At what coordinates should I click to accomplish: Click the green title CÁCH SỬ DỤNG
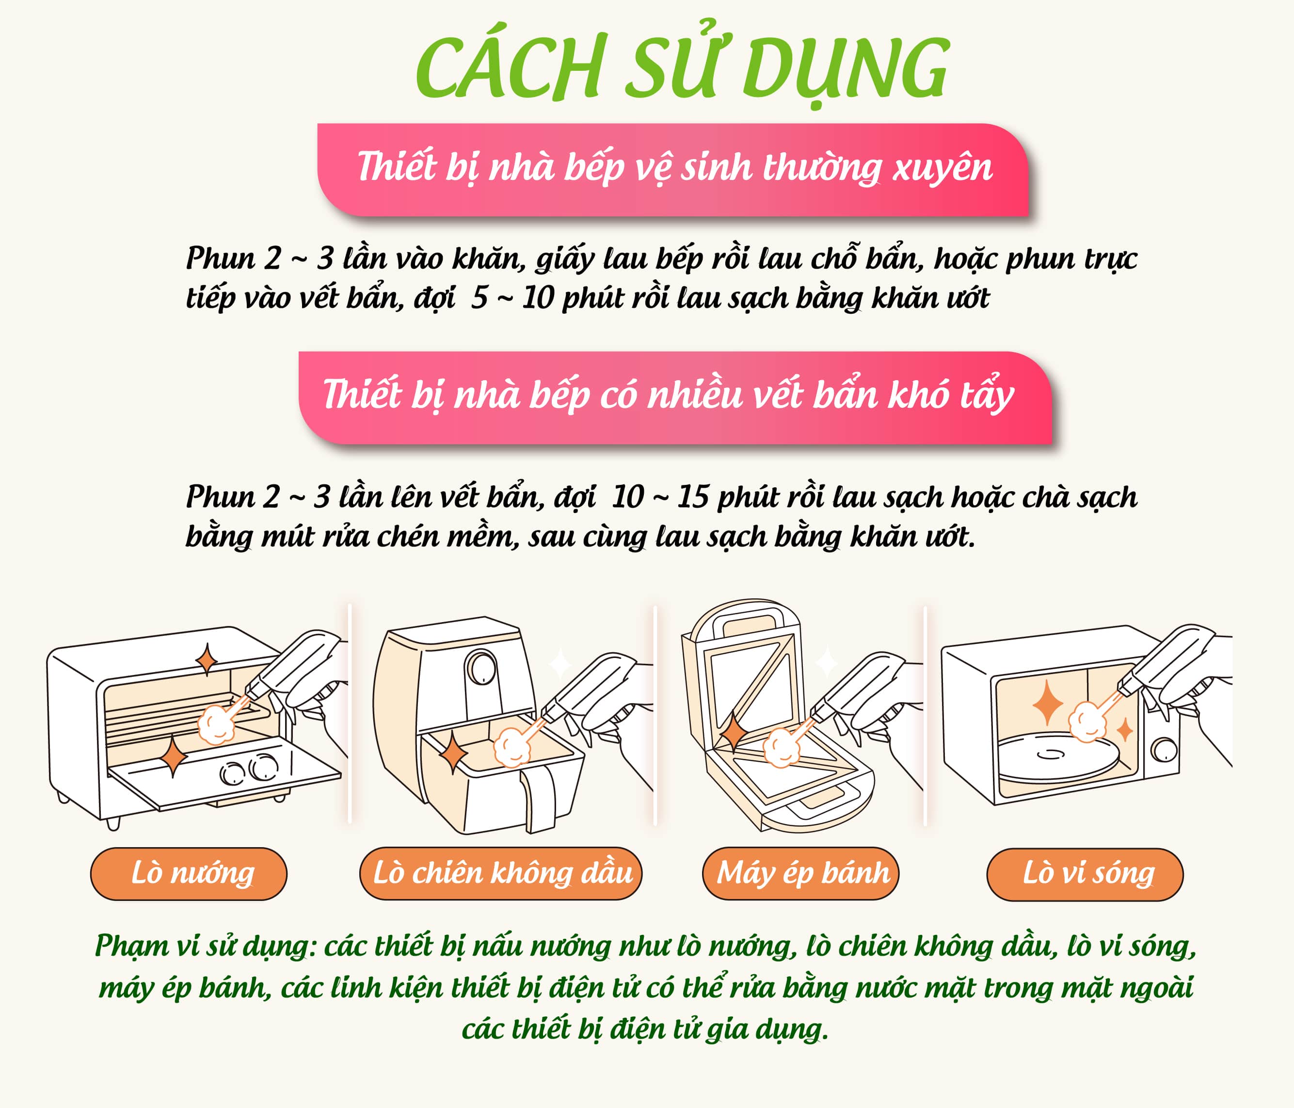tap(683, 67)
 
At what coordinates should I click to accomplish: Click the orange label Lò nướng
tap(189, 873)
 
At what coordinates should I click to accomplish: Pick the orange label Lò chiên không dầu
tap(501, 873)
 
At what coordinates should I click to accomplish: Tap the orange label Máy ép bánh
tap(800, 873)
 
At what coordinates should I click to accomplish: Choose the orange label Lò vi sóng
tap(1085, 874)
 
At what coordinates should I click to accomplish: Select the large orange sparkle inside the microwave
tap(1048, 703)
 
